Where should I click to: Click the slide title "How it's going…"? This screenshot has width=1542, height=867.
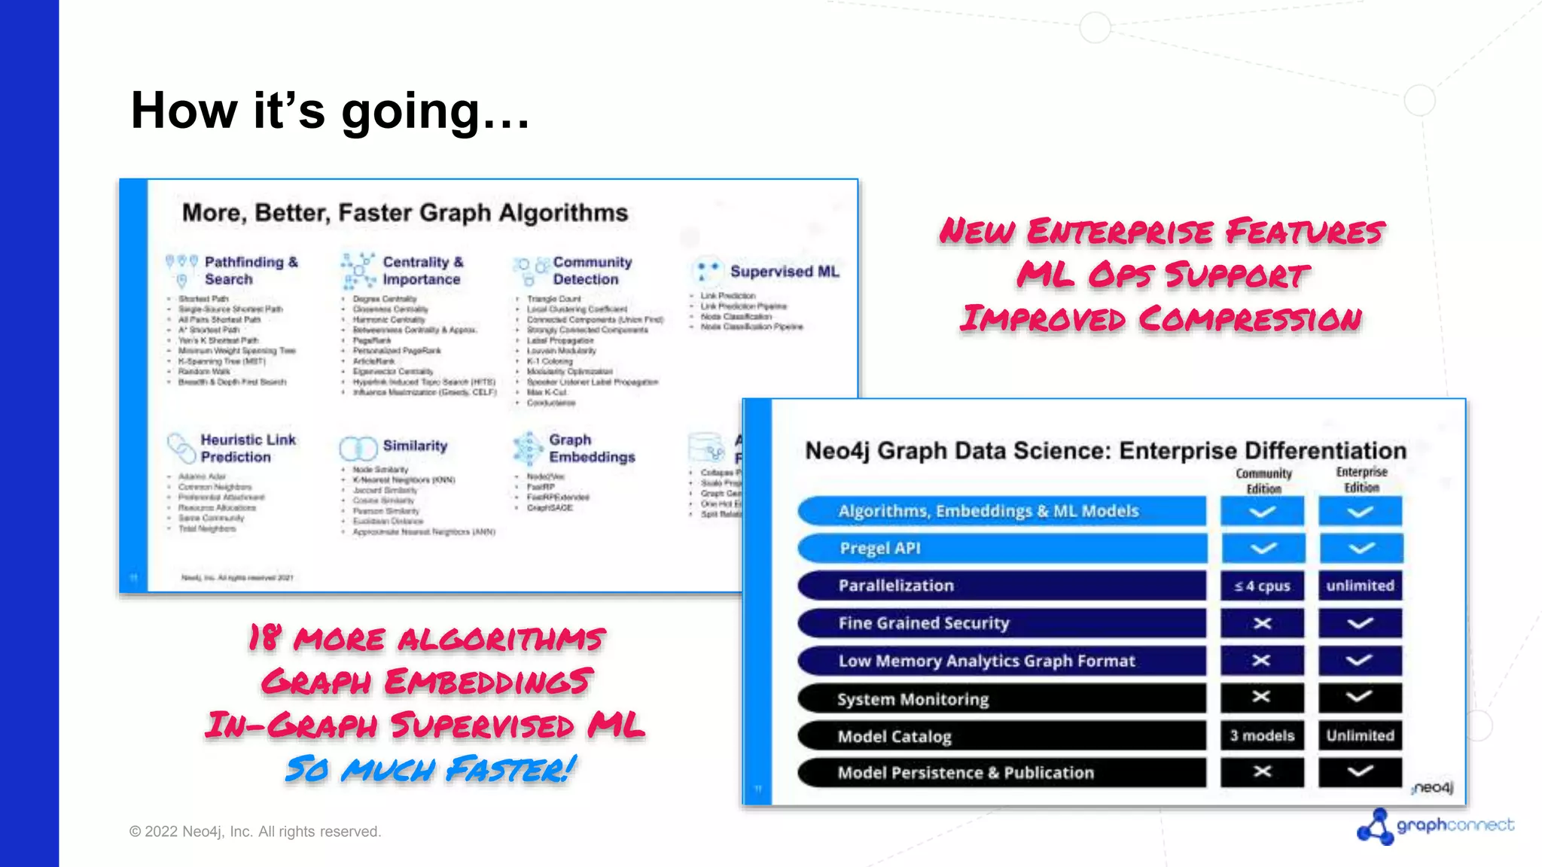point(330,111)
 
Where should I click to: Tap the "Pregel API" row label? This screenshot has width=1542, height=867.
point(879,548)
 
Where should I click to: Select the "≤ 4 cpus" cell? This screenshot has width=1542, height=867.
point(1262,586)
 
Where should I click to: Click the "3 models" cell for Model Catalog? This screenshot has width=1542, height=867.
point(1262,735)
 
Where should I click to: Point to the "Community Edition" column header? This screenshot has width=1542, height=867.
point(1263,480)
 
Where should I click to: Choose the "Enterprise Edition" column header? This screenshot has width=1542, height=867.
point(1361,479)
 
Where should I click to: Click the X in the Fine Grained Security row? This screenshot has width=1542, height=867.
point(1262,623)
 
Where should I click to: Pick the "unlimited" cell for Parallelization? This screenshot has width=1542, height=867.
point(1360,586)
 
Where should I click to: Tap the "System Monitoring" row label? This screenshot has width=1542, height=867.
point(913,699)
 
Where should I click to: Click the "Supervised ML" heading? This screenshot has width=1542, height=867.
point(784,272)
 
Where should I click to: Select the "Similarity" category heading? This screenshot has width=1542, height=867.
point(415,446)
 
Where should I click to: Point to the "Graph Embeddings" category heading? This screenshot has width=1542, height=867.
point(591,448)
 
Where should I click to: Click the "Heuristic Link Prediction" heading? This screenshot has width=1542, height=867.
point(248,448)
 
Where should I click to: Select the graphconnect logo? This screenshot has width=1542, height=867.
point(1434,826)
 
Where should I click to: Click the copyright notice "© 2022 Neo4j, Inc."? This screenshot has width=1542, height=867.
point(255,832)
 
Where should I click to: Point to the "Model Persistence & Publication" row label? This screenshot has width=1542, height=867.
point(965,773)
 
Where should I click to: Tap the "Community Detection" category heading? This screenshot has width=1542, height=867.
point(592,270)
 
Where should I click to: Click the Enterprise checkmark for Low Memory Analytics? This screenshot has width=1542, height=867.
point(1360,661)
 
